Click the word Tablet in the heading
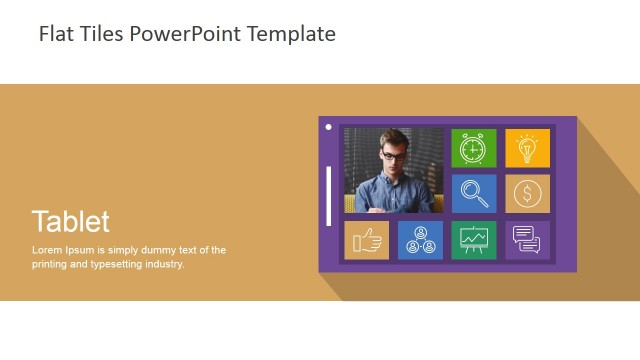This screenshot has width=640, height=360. pyautogui.click(x=70, y=221)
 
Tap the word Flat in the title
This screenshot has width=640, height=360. pyautogui.click(x=56, y=34)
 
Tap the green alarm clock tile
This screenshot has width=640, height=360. pyautogui.click(x=473, y=148)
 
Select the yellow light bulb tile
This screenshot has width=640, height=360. pyautogui.click(x=527, y=148)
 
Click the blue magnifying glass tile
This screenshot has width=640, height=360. pyautogui.click(x=473, y=194)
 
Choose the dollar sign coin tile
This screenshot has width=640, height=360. pyautogui.click(x=527, y=194)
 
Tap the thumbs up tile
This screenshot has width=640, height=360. pyautogui.click(x=366, y=240)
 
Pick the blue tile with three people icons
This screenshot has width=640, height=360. pyautogui.click(x=420, y=240)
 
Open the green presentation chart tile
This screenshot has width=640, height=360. pyautogui.click(x=473, y=240)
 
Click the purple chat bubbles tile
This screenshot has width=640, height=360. pyautogui.click(x=527, y=240)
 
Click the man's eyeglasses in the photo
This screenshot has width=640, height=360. pyautogui.click(x=394, y=156)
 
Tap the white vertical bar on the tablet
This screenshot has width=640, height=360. pyautogui.click(x=329, y=196)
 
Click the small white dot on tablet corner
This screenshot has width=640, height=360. pyautogui.click(x=328, y=127)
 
